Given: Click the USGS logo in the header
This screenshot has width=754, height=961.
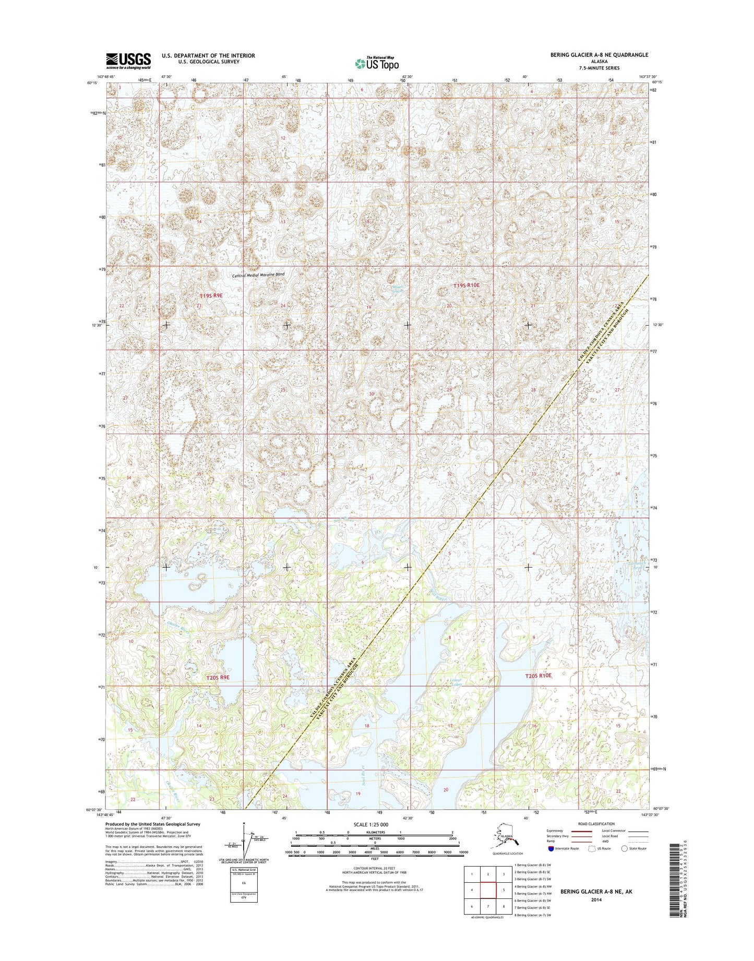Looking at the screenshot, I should point(128,61).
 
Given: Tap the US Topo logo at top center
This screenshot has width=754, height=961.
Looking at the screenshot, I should point(377,63).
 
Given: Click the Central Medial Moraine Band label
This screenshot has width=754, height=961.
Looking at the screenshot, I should point(259,274).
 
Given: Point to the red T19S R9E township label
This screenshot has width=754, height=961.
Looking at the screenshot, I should point(211,296).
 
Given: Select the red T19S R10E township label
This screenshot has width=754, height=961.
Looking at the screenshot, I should point(465,285).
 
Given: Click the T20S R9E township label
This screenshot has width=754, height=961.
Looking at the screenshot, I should point(218,677).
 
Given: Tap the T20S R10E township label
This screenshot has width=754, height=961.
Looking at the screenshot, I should point(538,675).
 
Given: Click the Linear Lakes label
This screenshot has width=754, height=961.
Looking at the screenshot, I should point(456,683).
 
